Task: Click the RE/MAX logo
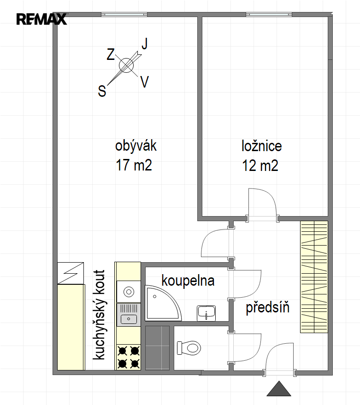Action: (41, 19)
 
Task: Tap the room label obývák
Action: (136, 146)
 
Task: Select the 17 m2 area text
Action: (134, 165)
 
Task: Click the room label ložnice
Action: (261, 146)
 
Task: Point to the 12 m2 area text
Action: (260, 165)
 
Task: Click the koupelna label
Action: (188, 281)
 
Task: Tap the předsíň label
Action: (267, 307)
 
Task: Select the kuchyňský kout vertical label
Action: (99, 315)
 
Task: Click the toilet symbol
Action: (189, 348)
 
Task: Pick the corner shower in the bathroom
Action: (163, 303)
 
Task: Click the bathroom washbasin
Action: (206, 313)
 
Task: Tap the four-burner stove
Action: (129, 357)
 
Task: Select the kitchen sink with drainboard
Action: (129, 315)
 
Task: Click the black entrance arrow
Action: (279, 389)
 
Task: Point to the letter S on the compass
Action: (102, 91)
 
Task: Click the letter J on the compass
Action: (145, 43)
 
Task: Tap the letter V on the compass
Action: (145, 82)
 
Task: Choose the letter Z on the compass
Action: (111, 54)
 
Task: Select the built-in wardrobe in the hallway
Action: (314, 276)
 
